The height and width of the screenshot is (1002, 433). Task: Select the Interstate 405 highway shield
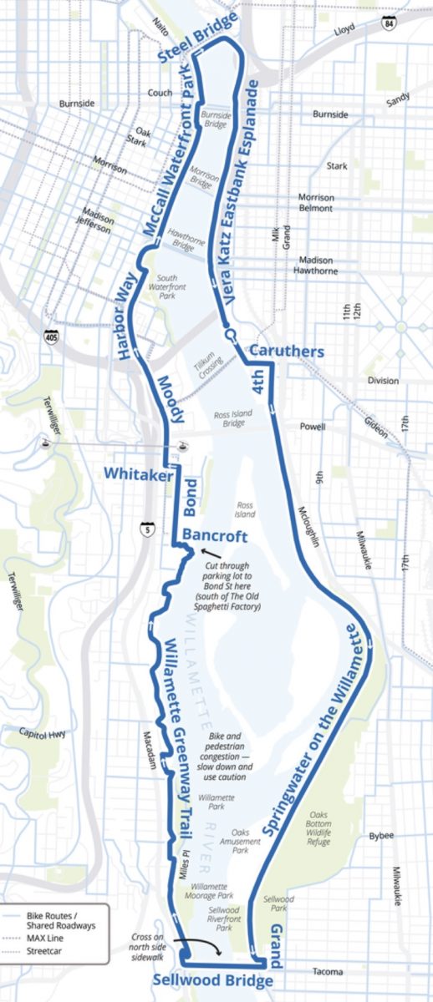53,337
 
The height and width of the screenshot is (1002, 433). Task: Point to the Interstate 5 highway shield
147,528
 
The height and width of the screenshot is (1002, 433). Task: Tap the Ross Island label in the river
245,509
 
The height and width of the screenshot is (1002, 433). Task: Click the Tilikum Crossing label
206,364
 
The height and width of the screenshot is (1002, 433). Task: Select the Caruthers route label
287,352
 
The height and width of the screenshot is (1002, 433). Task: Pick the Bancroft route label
212,534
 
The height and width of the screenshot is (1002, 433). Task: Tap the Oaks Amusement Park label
240,841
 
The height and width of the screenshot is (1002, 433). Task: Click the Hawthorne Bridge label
182,240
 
